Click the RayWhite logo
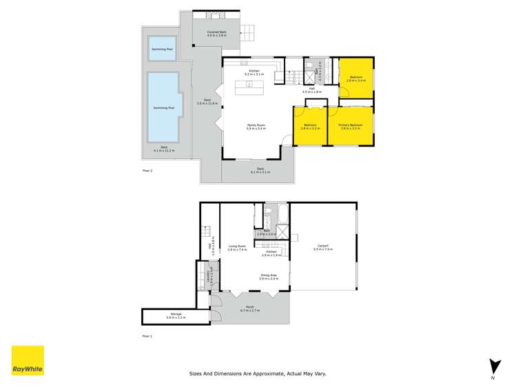28,361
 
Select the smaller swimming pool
163,49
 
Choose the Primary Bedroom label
350,127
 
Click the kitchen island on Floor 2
250,87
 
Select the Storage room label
175,315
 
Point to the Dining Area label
269,276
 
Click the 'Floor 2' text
147,169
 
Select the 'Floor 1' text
147,337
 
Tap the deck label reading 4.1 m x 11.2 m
164,148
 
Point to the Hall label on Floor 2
311,90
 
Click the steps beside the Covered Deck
247,31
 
